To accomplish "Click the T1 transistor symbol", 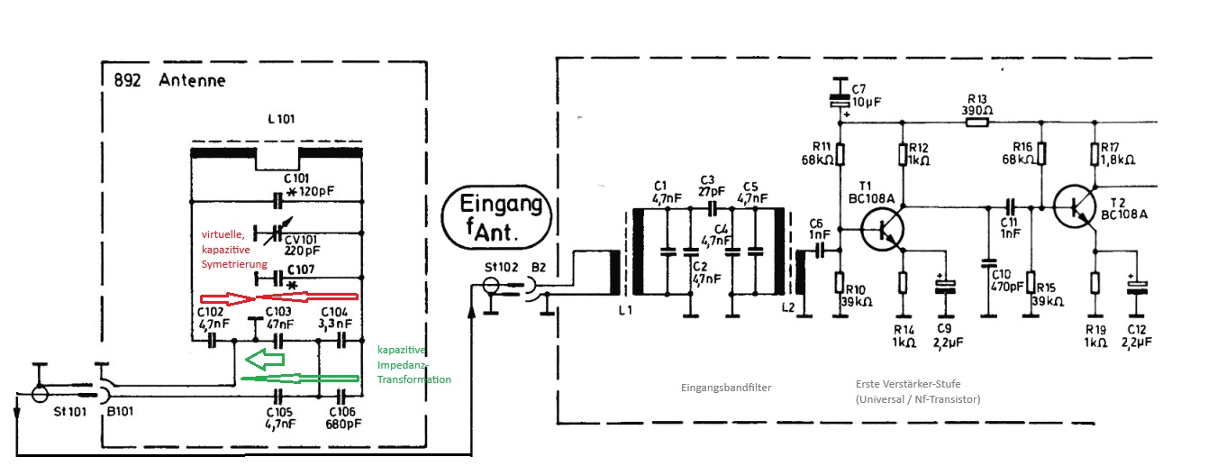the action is pos(882,230).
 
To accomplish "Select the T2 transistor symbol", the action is pos(1075,206).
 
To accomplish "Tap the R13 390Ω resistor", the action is pos(976,123).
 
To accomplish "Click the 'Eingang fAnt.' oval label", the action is pos(496,217).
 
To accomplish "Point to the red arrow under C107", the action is pos(279,297).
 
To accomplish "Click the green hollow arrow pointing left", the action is pos(265,360).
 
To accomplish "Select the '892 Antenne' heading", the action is pos(169,80).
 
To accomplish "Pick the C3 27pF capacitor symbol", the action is pos(712,207).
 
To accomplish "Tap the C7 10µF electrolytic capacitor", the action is pos(840,101).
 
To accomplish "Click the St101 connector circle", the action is pos(40,393).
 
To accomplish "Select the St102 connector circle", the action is pos(491,285).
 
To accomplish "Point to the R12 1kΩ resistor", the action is pos(903,154).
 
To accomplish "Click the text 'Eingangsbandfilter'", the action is pos(726,388).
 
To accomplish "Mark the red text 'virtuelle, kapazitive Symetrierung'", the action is pos(234,249).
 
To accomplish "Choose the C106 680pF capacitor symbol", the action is pos(341,396).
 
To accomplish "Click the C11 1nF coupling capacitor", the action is pos(1010,207).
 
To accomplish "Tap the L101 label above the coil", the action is pos(281,119).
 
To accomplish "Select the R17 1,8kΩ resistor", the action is pos(1094,154).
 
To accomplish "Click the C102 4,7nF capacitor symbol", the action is pos(212,341).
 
